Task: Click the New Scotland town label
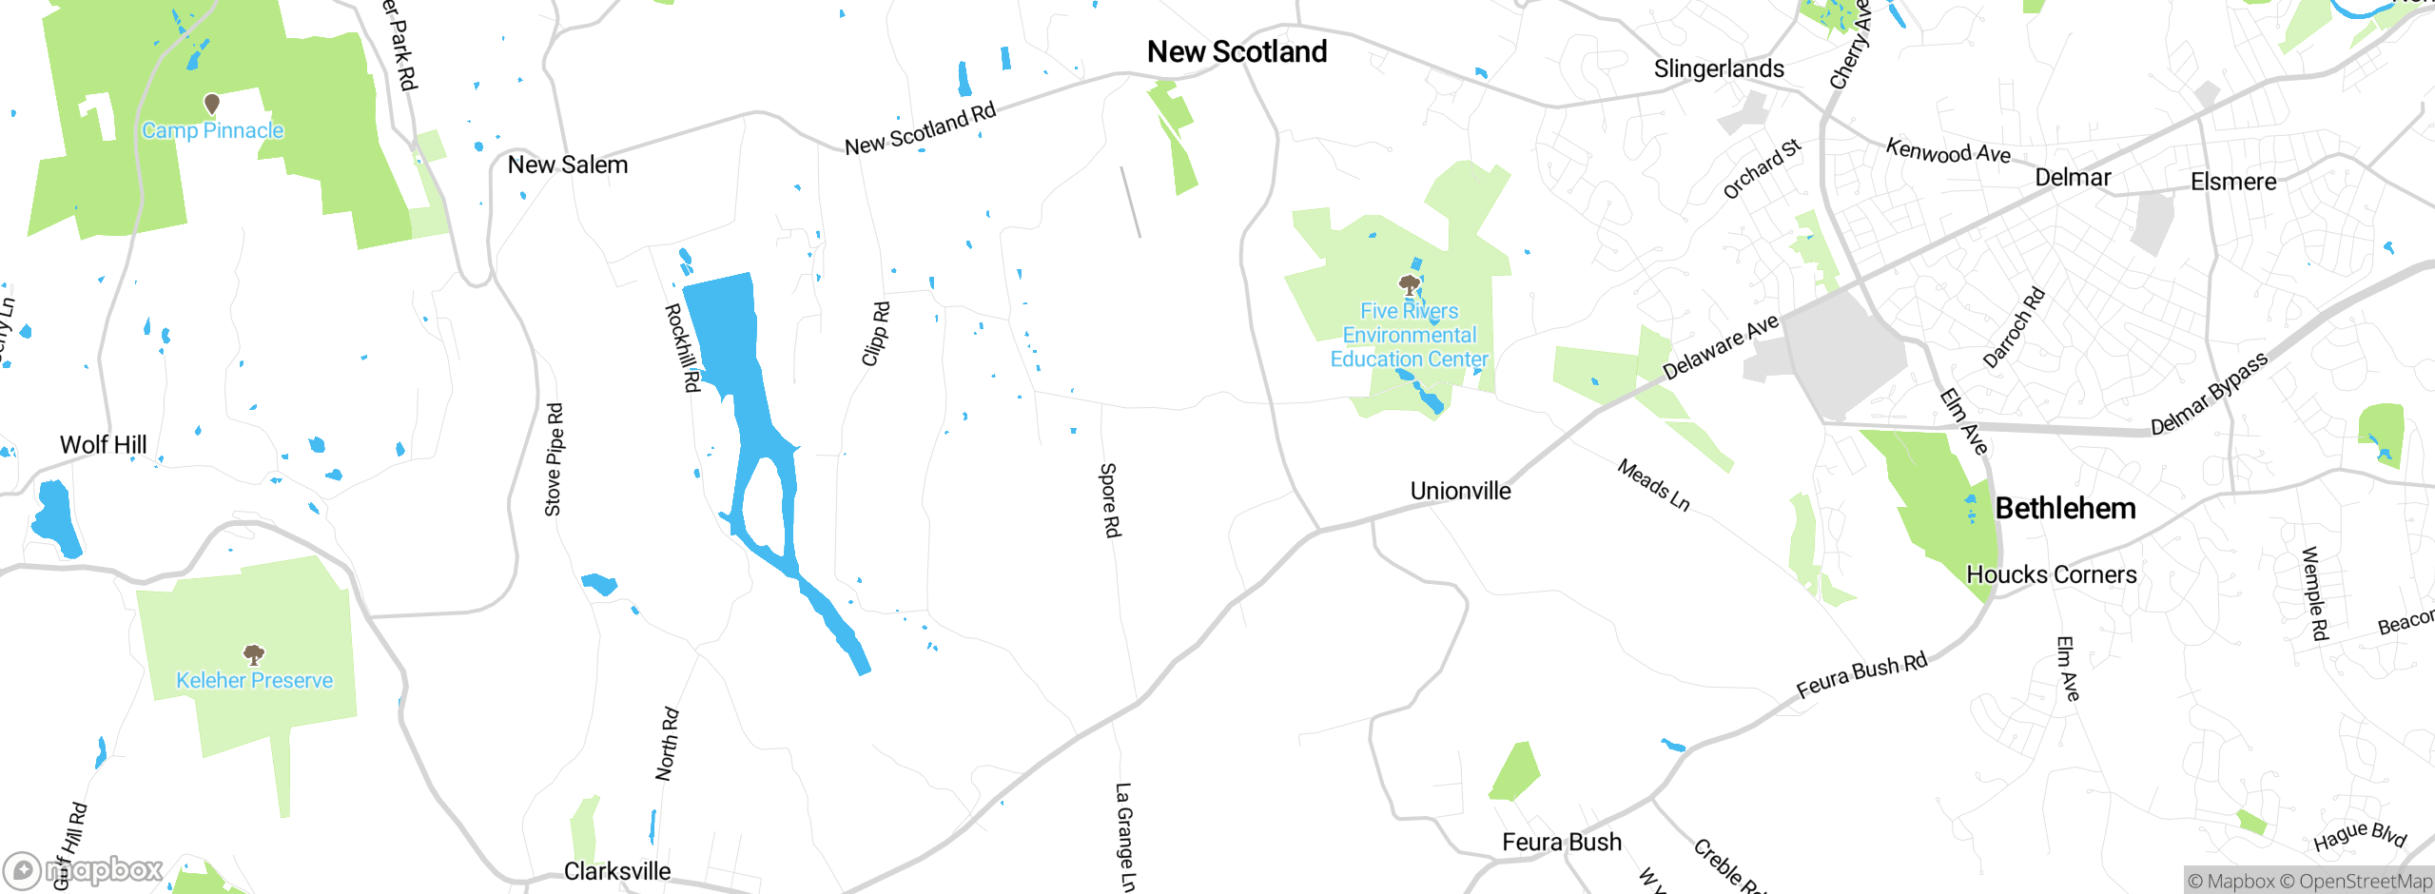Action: [1237, 51]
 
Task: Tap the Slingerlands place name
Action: [1719, 68]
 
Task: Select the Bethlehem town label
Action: [2065, 508]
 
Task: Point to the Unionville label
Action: [1460, 491]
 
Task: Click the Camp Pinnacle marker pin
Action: [212, 103]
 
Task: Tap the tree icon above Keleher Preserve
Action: [254, 653]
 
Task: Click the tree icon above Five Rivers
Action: [1409, 284]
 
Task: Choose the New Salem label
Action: [568, 165]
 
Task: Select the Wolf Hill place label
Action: [104, 444]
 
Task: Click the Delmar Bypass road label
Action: [2209, 394]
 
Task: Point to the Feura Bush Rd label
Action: [1861, 675]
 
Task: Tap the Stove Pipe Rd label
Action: [554, 460]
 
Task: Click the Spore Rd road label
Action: [1110, 500]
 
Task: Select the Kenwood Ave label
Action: [1948, 151]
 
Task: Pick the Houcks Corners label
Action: [2051, 574]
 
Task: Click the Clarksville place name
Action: [617, 871]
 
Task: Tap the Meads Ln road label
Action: [1654, 485]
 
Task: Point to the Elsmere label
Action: [2233, 182]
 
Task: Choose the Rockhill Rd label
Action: [682, 347]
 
